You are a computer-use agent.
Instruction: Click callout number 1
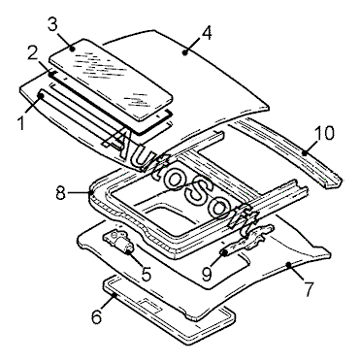click(21, 123)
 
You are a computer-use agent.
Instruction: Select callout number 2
click(33, 53)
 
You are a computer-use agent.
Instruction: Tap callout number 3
click(54, 24)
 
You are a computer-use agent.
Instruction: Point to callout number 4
click(206, 33)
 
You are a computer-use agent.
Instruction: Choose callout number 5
click(146, 274)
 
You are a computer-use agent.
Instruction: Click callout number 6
click(97, 316)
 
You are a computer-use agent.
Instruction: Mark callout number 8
click(61, 193)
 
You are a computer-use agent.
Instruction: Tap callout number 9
click(207, 274)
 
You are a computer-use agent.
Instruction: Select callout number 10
click(324, 133)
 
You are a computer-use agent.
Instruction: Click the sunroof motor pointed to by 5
click(118, 243)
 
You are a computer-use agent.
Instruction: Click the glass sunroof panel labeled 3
click(111, 80)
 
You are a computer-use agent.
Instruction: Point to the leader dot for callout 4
click(185, 52)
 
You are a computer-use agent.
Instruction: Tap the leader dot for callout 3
click(73, 49)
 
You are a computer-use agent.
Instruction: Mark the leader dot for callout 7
click(289, 265)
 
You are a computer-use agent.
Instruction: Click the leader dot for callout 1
click(41, 95)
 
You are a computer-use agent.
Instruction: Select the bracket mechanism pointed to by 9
click(247, 240)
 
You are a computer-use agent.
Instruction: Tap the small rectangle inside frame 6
click(149, 306)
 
